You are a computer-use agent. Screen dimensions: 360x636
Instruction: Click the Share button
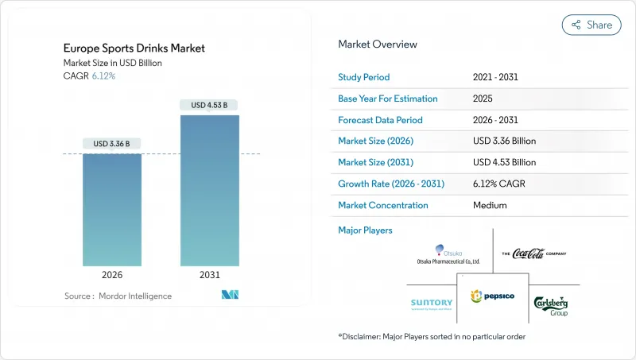pyautogui.click(x=591, y=25)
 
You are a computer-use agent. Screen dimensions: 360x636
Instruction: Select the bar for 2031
pyautogui.click(x=209, y=191)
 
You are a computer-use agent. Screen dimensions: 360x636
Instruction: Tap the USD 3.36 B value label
pyautogui.click(x=111, y=144)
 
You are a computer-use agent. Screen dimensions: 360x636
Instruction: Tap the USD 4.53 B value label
pyautogui.click(x=209, y=105)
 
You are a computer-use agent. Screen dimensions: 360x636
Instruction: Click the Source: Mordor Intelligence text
pyautogui.click(x=118, y=296)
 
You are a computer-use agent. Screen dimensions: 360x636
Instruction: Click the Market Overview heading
pyautogui.click(x=377, y=45)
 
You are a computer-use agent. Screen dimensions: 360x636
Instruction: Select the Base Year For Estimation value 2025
pyautogui.click(x=483, y=99)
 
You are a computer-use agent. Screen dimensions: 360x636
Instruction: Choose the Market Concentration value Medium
pyautogui.click(x=491, y=205)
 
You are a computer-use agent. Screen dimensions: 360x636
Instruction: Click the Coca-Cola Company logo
pyautogui.click(x=534, y=254)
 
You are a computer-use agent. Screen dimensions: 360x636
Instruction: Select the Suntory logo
pyautogui.click(x=432, y=303)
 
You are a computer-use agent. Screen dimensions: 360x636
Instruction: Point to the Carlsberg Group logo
pyautogui.click(x=550, y=304)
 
